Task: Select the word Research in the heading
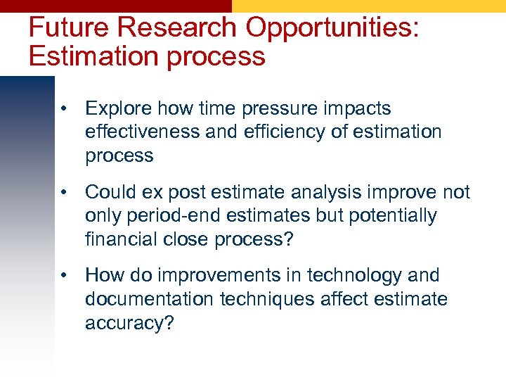(x=180, y=27)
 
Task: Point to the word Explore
(x=119, y=109)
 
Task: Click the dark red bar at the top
(x=116, y=6)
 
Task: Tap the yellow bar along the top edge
(x=369, y=6)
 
